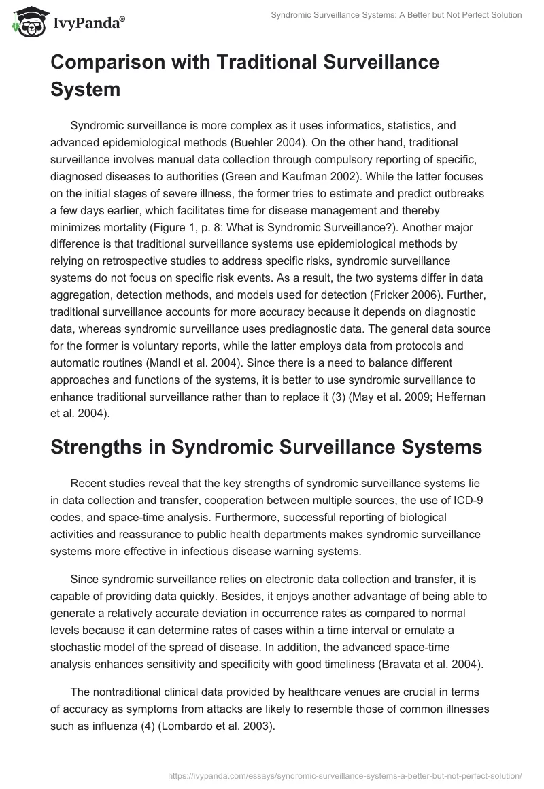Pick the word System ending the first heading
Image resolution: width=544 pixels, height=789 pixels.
click(x=86, y=89)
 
